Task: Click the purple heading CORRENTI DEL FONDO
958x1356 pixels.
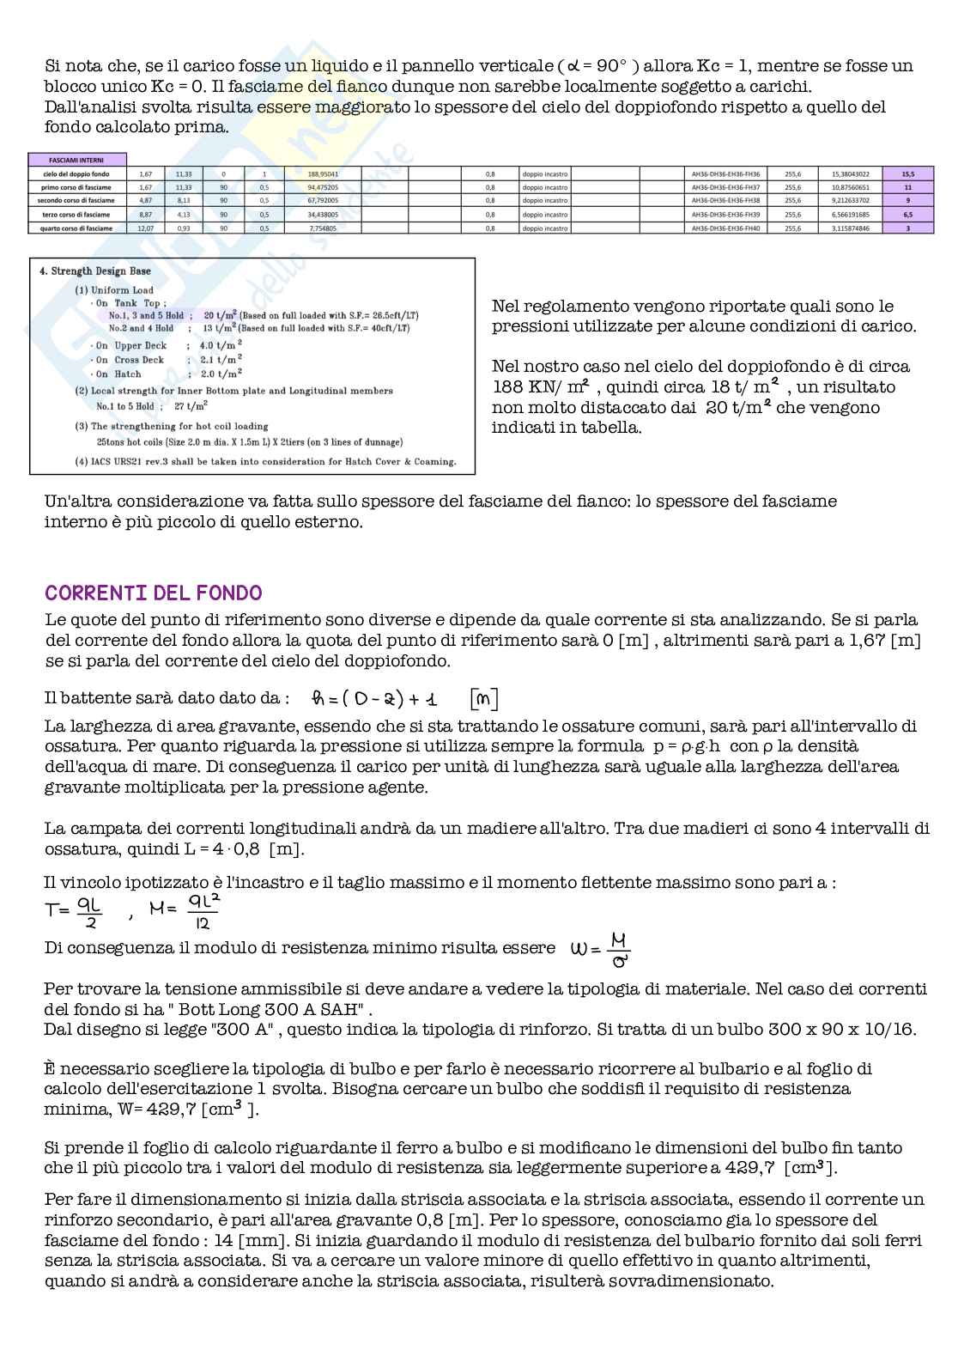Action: pos(153,593)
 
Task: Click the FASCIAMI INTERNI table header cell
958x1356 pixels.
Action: pos(77,160)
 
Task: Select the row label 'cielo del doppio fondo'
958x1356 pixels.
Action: pos(77,173)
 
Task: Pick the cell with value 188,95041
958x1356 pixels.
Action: pos(323,173)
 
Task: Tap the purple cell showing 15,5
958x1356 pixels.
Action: pos(907,173)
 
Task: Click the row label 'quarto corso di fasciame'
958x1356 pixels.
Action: pos(77,228)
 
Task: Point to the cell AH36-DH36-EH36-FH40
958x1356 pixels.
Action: pos(725,228)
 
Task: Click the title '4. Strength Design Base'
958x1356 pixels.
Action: pos(95,271)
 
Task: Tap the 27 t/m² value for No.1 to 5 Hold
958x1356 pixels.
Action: pos(191,406)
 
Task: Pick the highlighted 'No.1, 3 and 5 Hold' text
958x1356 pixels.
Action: pos(146,315)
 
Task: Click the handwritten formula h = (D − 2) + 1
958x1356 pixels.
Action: pos(374,699)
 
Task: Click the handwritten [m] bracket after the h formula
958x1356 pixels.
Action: pos(484,699)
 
